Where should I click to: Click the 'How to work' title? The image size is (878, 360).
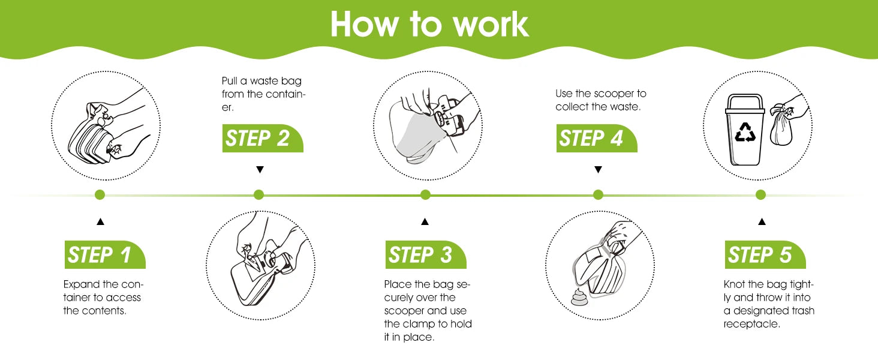click(429, 25)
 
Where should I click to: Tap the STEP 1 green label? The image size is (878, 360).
click(105, 254)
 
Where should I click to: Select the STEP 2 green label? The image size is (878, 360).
click(263, 138)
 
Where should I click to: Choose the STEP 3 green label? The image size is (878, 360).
click(426, 254)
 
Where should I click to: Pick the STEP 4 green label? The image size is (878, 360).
click(597, 138)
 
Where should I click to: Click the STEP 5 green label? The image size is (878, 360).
click(765, 254)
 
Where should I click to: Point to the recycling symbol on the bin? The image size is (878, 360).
click(745, 132)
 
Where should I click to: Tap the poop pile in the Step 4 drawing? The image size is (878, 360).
click(578, 297)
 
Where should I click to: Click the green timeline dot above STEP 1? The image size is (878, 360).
click(100, 194)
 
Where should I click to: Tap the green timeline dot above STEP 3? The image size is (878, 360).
click(425, 194)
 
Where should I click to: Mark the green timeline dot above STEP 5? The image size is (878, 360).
click(761, 194)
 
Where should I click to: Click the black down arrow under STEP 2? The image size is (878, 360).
click(260, 169)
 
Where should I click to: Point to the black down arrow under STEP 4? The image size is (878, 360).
click(598, 169)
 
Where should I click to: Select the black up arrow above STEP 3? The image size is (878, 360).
click(425, 221)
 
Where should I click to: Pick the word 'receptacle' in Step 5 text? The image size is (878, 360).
click(752, 325)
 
